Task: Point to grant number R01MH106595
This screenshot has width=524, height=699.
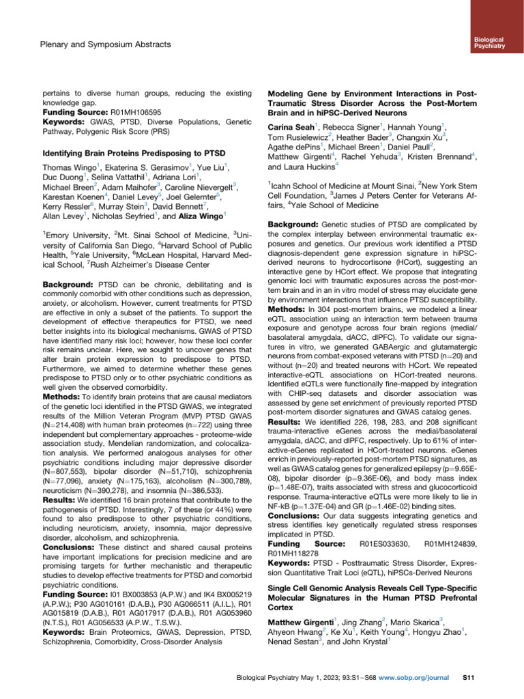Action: point(119,111)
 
